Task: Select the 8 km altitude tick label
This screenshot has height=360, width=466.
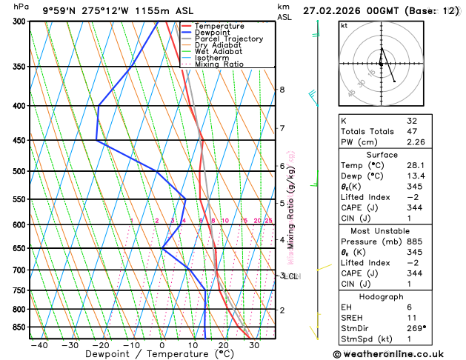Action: coord(282,90)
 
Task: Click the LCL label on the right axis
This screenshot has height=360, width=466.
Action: coord(291,276)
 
